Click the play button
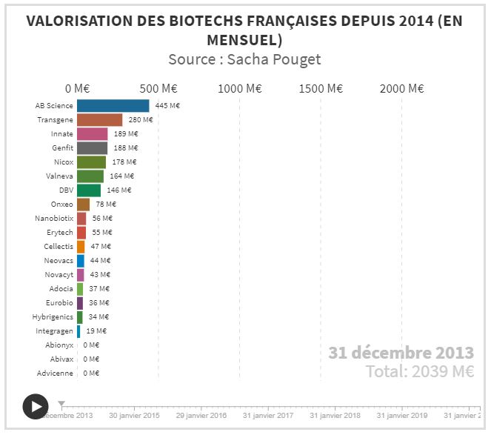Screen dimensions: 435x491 pos(36,405)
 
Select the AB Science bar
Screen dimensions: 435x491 pos(113,106)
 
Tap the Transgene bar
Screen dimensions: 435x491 pos(99,120)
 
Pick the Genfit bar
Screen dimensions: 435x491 pos(92,147)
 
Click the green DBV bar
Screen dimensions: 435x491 pos(89,190)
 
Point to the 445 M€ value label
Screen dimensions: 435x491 pos(167,106)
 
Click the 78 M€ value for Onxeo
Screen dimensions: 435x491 pos(105,204)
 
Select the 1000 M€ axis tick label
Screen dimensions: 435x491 pos(240,88)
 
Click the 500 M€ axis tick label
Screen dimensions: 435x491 pos(158,88)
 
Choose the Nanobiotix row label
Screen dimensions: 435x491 pos(54,218)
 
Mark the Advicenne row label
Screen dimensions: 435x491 pos(55,373)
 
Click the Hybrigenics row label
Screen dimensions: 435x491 pos(53,316)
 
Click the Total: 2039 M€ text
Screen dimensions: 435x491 pos(419,371)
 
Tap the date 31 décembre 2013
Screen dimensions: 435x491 pos(401,351)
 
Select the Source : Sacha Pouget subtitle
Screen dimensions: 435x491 pos(244,59)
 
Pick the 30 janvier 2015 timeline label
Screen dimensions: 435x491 pos(134,416)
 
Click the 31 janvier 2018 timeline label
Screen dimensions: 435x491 pos(335,416)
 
